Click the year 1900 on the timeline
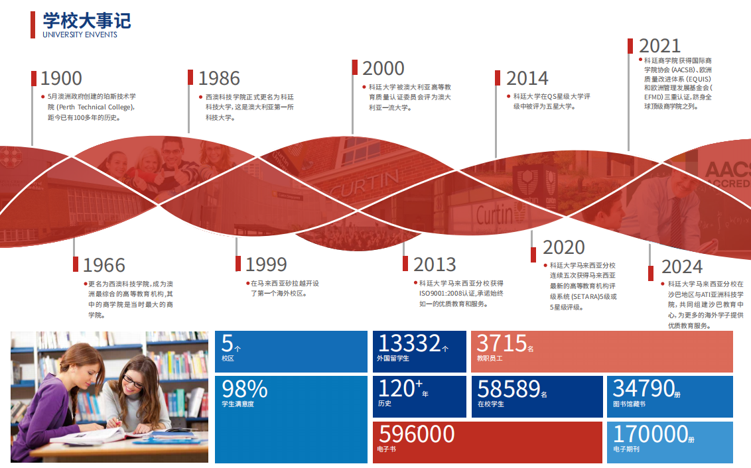click(x=61, y=78)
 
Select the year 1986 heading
click(x=219, y=78)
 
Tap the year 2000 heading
click(x=383, y=68)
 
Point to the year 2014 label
click(x=527, y=78)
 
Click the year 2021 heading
click(x=659, y=46)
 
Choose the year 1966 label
click(x=104, y=265)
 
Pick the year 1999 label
click(x=266, y=264)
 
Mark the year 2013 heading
click(x=435, y=264)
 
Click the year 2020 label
click(x=564, y=247)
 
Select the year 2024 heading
click(x=682, y=266)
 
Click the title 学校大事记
click(x=87, y=21)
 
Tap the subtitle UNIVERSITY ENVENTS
click(x=80, y=34)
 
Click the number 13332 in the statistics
click(x=409, y=343)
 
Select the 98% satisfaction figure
click(x=244, y=389)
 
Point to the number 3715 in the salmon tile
click(x=502, y=343)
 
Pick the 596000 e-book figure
click(x=416, y=434)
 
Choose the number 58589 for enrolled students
click(x=509, y=389)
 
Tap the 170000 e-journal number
click(x=651, y=434)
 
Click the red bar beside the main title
click(x=33, y=25)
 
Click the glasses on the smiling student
click(x=133, y=381)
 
